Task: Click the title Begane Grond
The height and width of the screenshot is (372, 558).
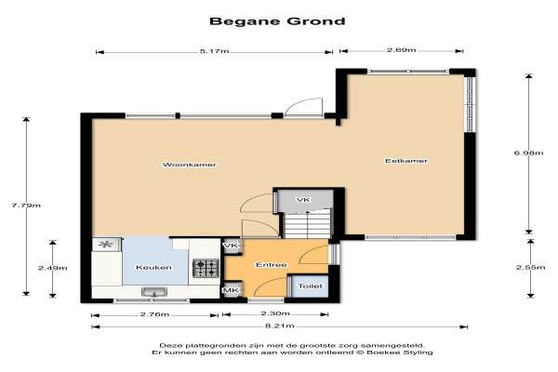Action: point(277,21)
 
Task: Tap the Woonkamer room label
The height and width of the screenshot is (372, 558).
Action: point(190,165)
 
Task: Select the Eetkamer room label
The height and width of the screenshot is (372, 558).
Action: point(406,161)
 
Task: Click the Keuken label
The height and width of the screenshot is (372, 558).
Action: point(153,267)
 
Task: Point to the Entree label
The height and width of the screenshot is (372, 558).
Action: point(272,265)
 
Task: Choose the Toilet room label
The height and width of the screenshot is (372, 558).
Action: point(311,286)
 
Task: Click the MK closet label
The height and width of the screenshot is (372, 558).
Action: point(231,290)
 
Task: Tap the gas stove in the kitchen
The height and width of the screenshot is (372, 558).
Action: point(206,268)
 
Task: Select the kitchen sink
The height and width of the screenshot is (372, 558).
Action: point(154,292)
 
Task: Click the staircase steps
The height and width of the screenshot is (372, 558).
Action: point(308,224)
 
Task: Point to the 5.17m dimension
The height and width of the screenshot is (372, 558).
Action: point(214,51)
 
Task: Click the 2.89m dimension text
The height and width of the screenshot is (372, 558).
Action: point(402,50)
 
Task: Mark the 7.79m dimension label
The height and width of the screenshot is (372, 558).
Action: point(26,206)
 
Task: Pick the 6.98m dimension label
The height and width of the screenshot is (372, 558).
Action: point(529,153)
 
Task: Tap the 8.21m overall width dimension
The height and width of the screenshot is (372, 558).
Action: point(280,326)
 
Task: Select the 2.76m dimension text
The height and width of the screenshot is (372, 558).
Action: point(154,314)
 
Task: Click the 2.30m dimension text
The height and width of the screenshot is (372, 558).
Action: point(275,313)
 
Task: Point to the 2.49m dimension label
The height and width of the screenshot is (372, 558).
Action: point(53,268)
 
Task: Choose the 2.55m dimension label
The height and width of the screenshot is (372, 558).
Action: point(531,267)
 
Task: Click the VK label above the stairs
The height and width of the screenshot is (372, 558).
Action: point(303,200)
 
